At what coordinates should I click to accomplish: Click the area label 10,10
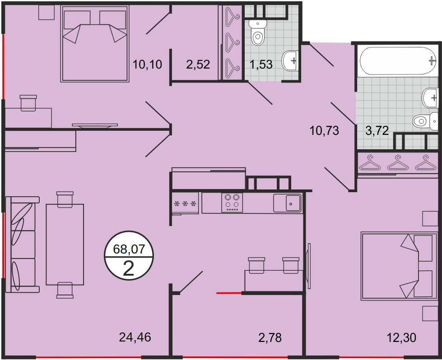pyautogui.click(x=147, y=65)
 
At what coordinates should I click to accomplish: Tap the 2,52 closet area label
pyautogui.click(x=198, y=65)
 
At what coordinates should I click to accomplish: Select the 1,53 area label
pyautogui.click(x=261, y=65)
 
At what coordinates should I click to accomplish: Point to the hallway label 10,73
pyautogui.click(x=324, y=131)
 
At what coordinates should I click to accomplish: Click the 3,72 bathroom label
pyautogui.click(x=377, y=131)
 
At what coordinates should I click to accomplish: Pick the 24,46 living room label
pyautogui.click(x=135, y=337)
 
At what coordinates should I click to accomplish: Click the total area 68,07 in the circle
pyautogui.click(x=129, y=249)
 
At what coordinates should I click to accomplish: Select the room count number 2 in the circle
pyautogui.click(x=129, y=268)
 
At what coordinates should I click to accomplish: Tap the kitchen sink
pyautogui.click(x=287, y=203)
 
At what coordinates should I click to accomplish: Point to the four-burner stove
pyautogui.click(x=232, y=203)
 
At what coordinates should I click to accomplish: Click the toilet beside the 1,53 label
pyautogui.click(x=258, y=32)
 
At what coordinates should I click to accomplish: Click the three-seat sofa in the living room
pyautogui.click(x=22, y=245)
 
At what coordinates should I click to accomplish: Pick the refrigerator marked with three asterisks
pyautogui.click(x=185, y=203)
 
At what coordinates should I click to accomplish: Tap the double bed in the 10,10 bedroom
pyautogui.click(x=95, y=44)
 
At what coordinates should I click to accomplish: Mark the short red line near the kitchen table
pyautogui.click(x=229, y=293)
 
